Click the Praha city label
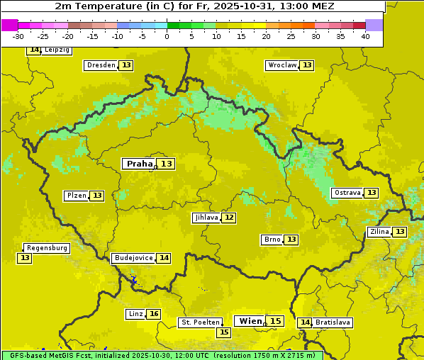(140, 164)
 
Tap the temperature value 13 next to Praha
(167, 164)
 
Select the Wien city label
(250, 321)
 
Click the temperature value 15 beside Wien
(276, 321)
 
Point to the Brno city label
(272, 240)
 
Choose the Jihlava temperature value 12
(229, 218)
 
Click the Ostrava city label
(347, 193)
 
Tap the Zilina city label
(379, 232)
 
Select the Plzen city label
(76, 196)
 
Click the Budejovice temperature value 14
(164, 258)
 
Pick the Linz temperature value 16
(154, 314)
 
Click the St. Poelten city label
(201, 322)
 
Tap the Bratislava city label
(333, 322)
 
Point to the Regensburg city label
(47, 248)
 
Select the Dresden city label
(101, 65)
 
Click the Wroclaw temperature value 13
(307, 65)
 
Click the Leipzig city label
(57, 50)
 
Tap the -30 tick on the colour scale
(18, 36)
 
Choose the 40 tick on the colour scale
(365, 36)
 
